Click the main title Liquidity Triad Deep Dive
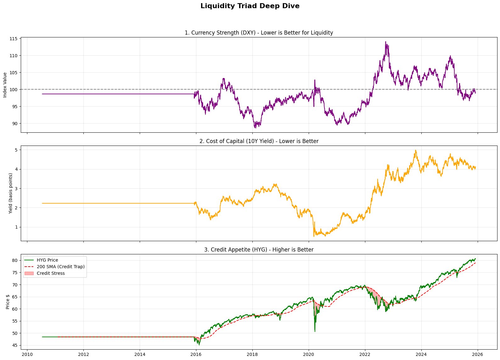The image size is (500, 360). click(250, 6)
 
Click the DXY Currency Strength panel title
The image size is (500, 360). click(259, 33)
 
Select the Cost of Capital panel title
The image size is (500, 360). click(259, 141)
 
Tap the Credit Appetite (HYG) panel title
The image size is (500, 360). click(259, 250)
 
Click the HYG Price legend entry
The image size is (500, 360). click(47, 260)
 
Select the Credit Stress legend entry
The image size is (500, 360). click(50, 273)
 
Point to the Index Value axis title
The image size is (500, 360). click(5, 85)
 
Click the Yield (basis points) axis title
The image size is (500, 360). click(10, 193)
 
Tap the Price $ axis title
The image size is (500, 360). click(8, 302)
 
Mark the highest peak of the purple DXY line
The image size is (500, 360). click(385, 42)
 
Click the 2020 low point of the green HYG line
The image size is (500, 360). click(315, 331)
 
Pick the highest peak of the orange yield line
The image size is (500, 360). click(416, 150)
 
